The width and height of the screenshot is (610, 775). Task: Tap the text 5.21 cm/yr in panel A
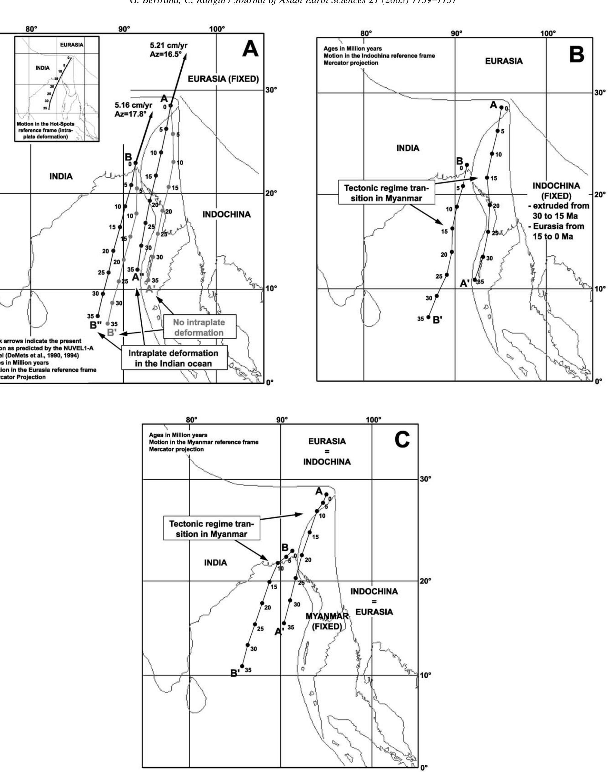pos(169,46)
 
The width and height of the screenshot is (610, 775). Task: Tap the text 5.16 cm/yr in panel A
pos(133,105)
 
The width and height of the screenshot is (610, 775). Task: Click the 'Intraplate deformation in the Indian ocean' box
pos(173,358)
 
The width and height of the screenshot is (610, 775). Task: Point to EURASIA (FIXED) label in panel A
pos(223,79)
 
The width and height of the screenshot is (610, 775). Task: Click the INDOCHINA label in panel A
pos(226,215)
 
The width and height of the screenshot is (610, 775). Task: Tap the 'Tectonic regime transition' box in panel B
pos(386,193)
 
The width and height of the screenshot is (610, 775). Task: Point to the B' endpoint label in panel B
pos(437,320)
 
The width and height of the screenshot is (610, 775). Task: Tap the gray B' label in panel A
pos(111,332)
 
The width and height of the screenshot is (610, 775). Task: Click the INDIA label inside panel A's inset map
pos(42,68)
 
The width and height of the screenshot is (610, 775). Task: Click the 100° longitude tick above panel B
pos(548,33)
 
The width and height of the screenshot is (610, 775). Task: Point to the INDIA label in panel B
pos(407,148)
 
